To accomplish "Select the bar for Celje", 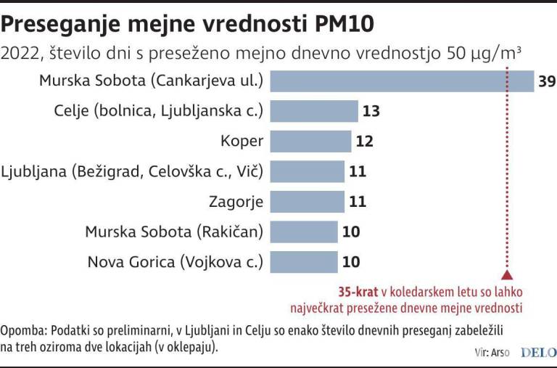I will tap(313, 111).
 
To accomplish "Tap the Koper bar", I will tap(310, 141).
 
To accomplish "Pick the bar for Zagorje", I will tap(307, 201).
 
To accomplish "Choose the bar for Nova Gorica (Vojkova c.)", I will tap(304, 261).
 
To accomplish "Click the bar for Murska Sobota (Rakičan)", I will tap(304, 232).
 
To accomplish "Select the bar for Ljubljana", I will tap(307, 171).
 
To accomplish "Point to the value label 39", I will tap(547, 81).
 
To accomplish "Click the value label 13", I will tap(371, 112).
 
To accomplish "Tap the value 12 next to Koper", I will tap(365, 142).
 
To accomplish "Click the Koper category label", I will tap(242, 141).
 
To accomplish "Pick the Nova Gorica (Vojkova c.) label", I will tap(176, 261).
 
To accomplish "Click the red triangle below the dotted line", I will tap(507, 275).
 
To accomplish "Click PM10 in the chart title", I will tap(342, 24).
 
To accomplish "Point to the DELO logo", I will tap(537, 351).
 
